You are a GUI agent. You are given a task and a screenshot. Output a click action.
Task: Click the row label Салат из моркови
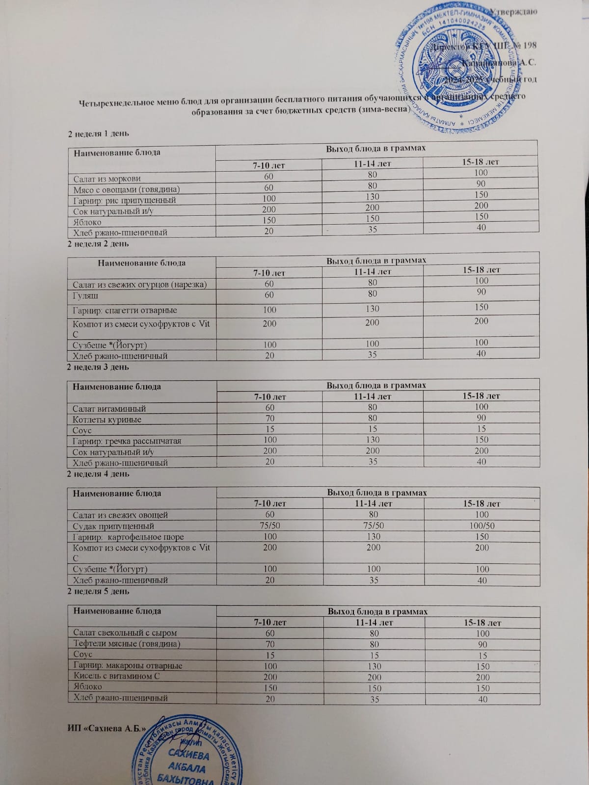[107, 179]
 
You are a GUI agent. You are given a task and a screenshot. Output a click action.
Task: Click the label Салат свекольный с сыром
[125, 633]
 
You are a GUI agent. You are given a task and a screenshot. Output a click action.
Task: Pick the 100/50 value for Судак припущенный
[482, 525]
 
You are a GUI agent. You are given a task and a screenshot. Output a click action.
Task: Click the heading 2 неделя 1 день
[98, 133]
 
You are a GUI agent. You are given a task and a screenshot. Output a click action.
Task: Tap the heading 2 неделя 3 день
[98, 366]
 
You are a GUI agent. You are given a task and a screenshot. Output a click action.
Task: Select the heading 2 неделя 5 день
[98, 591]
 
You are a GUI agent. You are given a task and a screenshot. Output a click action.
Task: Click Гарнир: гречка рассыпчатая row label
[127, 441]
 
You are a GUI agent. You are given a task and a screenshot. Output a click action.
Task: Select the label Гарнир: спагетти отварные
[125, 310]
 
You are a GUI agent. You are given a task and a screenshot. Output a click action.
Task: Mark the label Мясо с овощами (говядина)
[126, 189]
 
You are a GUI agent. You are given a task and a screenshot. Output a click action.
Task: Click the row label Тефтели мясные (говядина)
[127, 644]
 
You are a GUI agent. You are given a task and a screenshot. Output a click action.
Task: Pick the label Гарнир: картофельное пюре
[128, 537]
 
